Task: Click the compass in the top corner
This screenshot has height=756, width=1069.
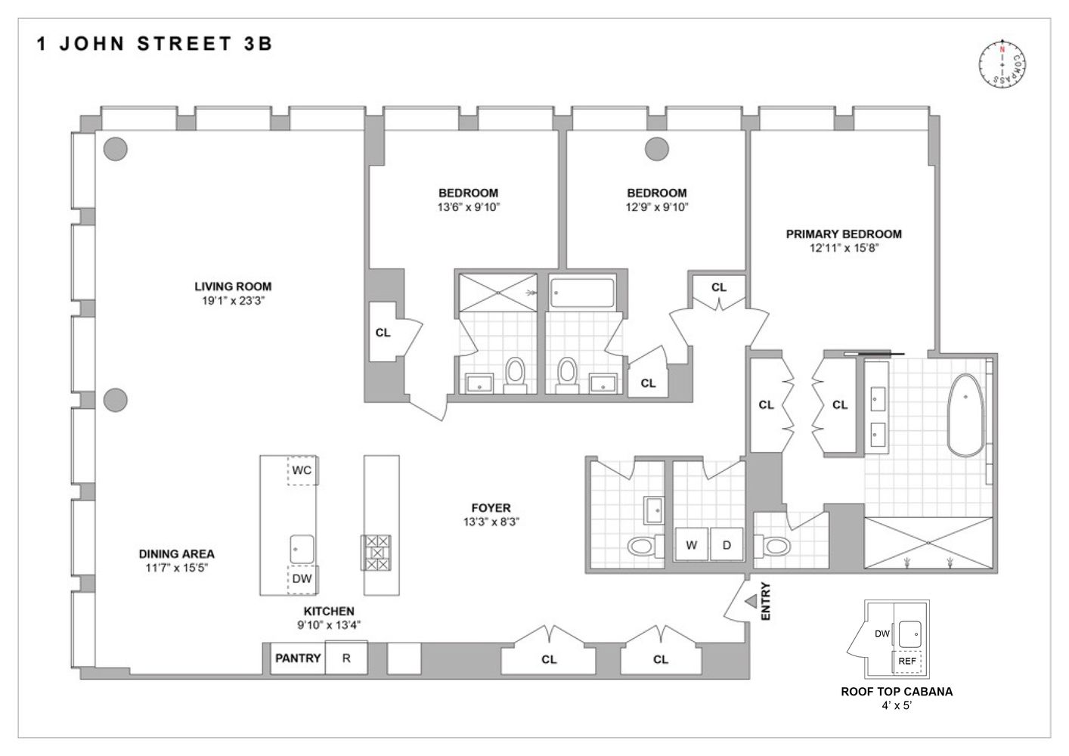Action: click(x=1002, y=63)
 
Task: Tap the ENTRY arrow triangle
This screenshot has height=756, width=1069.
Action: click(x=751, y=601)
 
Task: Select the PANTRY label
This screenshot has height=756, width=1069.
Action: click(x=298, y=658)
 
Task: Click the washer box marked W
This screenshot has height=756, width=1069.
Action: click(x=691, y=545)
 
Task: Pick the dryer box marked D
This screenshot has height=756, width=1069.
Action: click(x=727, y=545)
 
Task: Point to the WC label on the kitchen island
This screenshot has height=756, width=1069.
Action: click(x=302, y=470)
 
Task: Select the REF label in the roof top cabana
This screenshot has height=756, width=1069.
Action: click(x=907, y=661)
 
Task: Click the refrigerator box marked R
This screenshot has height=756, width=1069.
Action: click(x=346, y=658)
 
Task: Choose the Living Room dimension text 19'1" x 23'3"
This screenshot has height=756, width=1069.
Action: click(x=233, y=300)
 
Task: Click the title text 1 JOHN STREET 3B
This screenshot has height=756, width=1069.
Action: click(x=154, y=43)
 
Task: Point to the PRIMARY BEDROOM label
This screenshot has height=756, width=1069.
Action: click(x=844, y=234)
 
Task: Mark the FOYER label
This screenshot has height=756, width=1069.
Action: click(x=491, y=508)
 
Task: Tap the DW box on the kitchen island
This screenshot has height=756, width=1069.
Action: click(x=302, y=579)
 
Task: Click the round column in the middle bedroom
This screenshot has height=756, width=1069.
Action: click(x=656, y=149)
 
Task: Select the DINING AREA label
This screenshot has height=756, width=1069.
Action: click(x=176, y=554)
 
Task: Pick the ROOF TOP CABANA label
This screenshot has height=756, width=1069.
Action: click(x=897, y=691)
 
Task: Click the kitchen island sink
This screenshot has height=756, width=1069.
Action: click(x=302, y=546)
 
